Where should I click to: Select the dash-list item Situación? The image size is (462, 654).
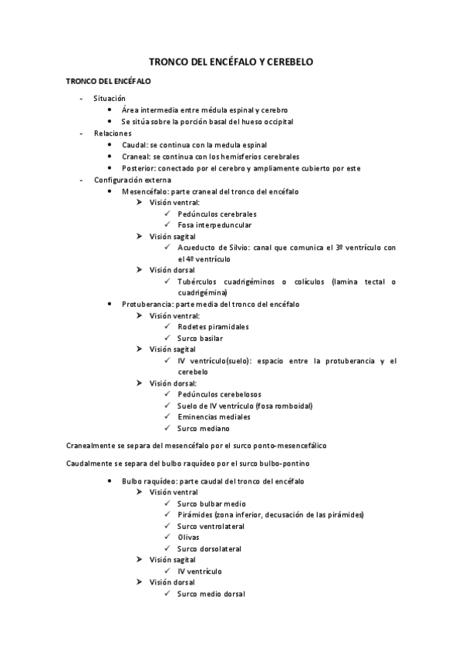point(109,99)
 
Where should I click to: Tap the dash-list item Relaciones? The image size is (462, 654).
point(113,133)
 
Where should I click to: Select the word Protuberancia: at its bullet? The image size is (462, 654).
point(150,304)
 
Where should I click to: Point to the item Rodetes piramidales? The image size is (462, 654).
point(213,326)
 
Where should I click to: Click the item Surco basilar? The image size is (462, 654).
point(201,338)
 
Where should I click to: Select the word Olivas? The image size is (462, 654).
point(188,538)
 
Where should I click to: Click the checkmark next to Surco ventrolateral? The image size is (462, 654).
point(167,526)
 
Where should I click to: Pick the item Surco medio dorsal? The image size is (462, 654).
point(211,594)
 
